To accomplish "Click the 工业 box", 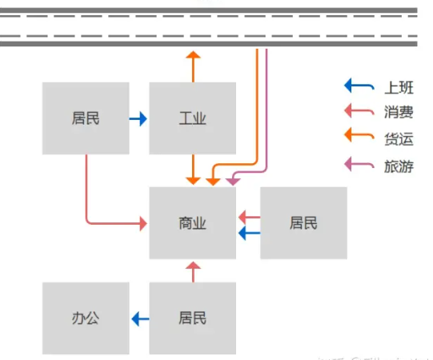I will click(x=192, y=118).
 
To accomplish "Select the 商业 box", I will click(x=192, y=223).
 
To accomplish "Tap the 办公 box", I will click(x=86, y=318).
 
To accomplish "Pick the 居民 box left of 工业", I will click(x=86, y=118).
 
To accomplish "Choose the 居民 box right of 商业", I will click(x=303, y=223).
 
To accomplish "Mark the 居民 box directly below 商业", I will click(x=192, y=318).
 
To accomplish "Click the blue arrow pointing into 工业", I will click(x=138, y=119).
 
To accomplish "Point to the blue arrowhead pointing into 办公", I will click(x=136, y=319).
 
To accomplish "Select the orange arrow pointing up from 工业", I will click(x=192, y=66).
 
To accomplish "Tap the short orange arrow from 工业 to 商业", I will click(x=192, y=170).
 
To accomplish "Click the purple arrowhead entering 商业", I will click(x=232, y=182).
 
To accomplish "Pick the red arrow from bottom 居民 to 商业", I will click(x=191, y=271).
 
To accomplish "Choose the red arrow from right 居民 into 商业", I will click(x=249, y=216).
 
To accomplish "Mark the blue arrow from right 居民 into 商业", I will click(x=249, y=233).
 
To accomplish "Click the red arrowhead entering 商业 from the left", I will click(x=142, y=223).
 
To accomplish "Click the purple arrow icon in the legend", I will click(x=359, y=166).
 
